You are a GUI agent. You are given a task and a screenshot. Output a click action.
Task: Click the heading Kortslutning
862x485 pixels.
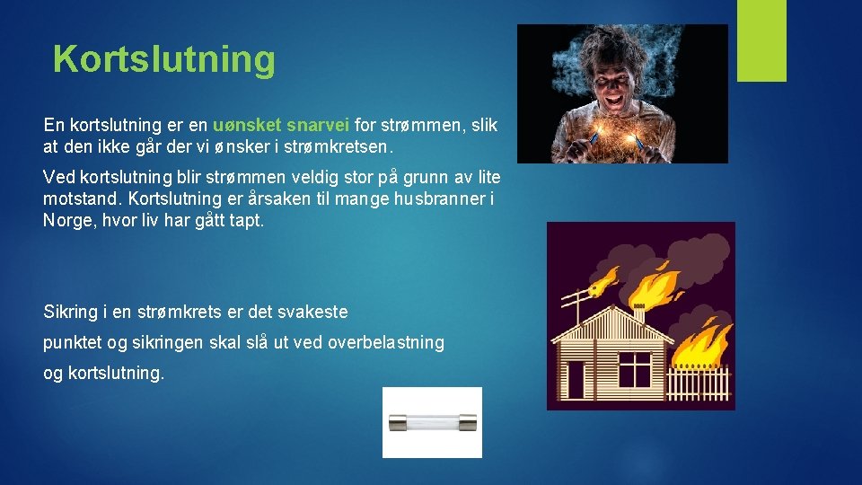coord(163,59)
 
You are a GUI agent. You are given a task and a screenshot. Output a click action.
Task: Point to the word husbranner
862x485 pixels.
coord(438,199)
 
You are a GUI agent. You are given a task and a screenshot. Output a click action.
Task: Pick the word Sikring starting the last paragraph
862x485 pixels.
coord(71,312)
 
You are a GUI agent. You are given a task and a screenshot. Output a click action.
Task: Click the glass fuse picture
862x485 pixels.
coord(432,423)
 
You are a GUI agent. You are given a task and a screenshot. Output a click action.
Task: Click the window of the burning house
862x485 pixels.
coord(635,368)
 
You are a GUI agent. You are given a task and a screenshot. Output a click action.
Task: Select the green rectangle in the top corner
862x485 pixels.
coord(761,40)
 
